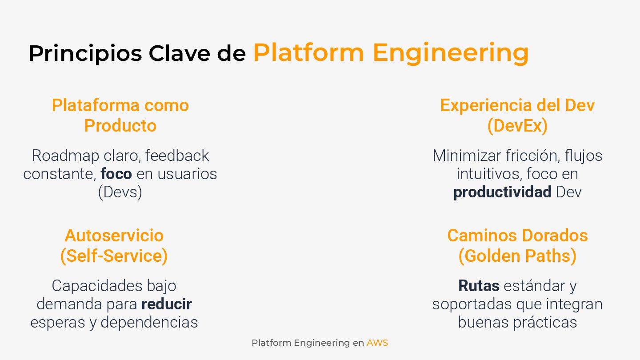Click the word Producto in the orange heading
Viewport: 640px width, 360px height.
pyautogui.click(x=120, y=126)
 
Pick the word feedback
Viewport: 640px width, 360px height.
pyautogui.click(x=177, y=156)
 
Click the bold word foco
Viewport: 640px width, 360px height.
pyautogui.click(x=116, y=174)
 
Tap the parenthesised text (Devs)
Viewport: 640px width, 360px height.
pyautogui.click(x=120, y=192)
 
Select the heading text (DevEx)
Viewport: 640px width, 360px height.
pyautogui.click(x=517, y=126)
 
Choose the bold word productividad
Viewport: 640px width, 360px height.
pyautogui.click(x=502, y=192)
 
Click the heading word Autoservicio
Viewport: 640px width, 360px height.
pyautogui.click(x=114, y=236)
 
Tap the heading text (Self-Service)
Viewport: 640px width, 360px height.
pyautogui.click(x=114, y=256)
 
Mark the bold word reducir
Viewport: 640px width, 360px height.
pyautogui.click(x=167, y=304)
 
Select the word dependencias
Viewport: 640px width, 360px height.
pyautogui.click(x=149, y=322)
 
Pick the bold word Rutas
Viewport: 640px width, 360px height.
pyautogui.click(x=479, y=286)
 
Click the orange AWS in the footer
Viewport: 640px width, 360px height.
pyautogui.click(x=377, y=343)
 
